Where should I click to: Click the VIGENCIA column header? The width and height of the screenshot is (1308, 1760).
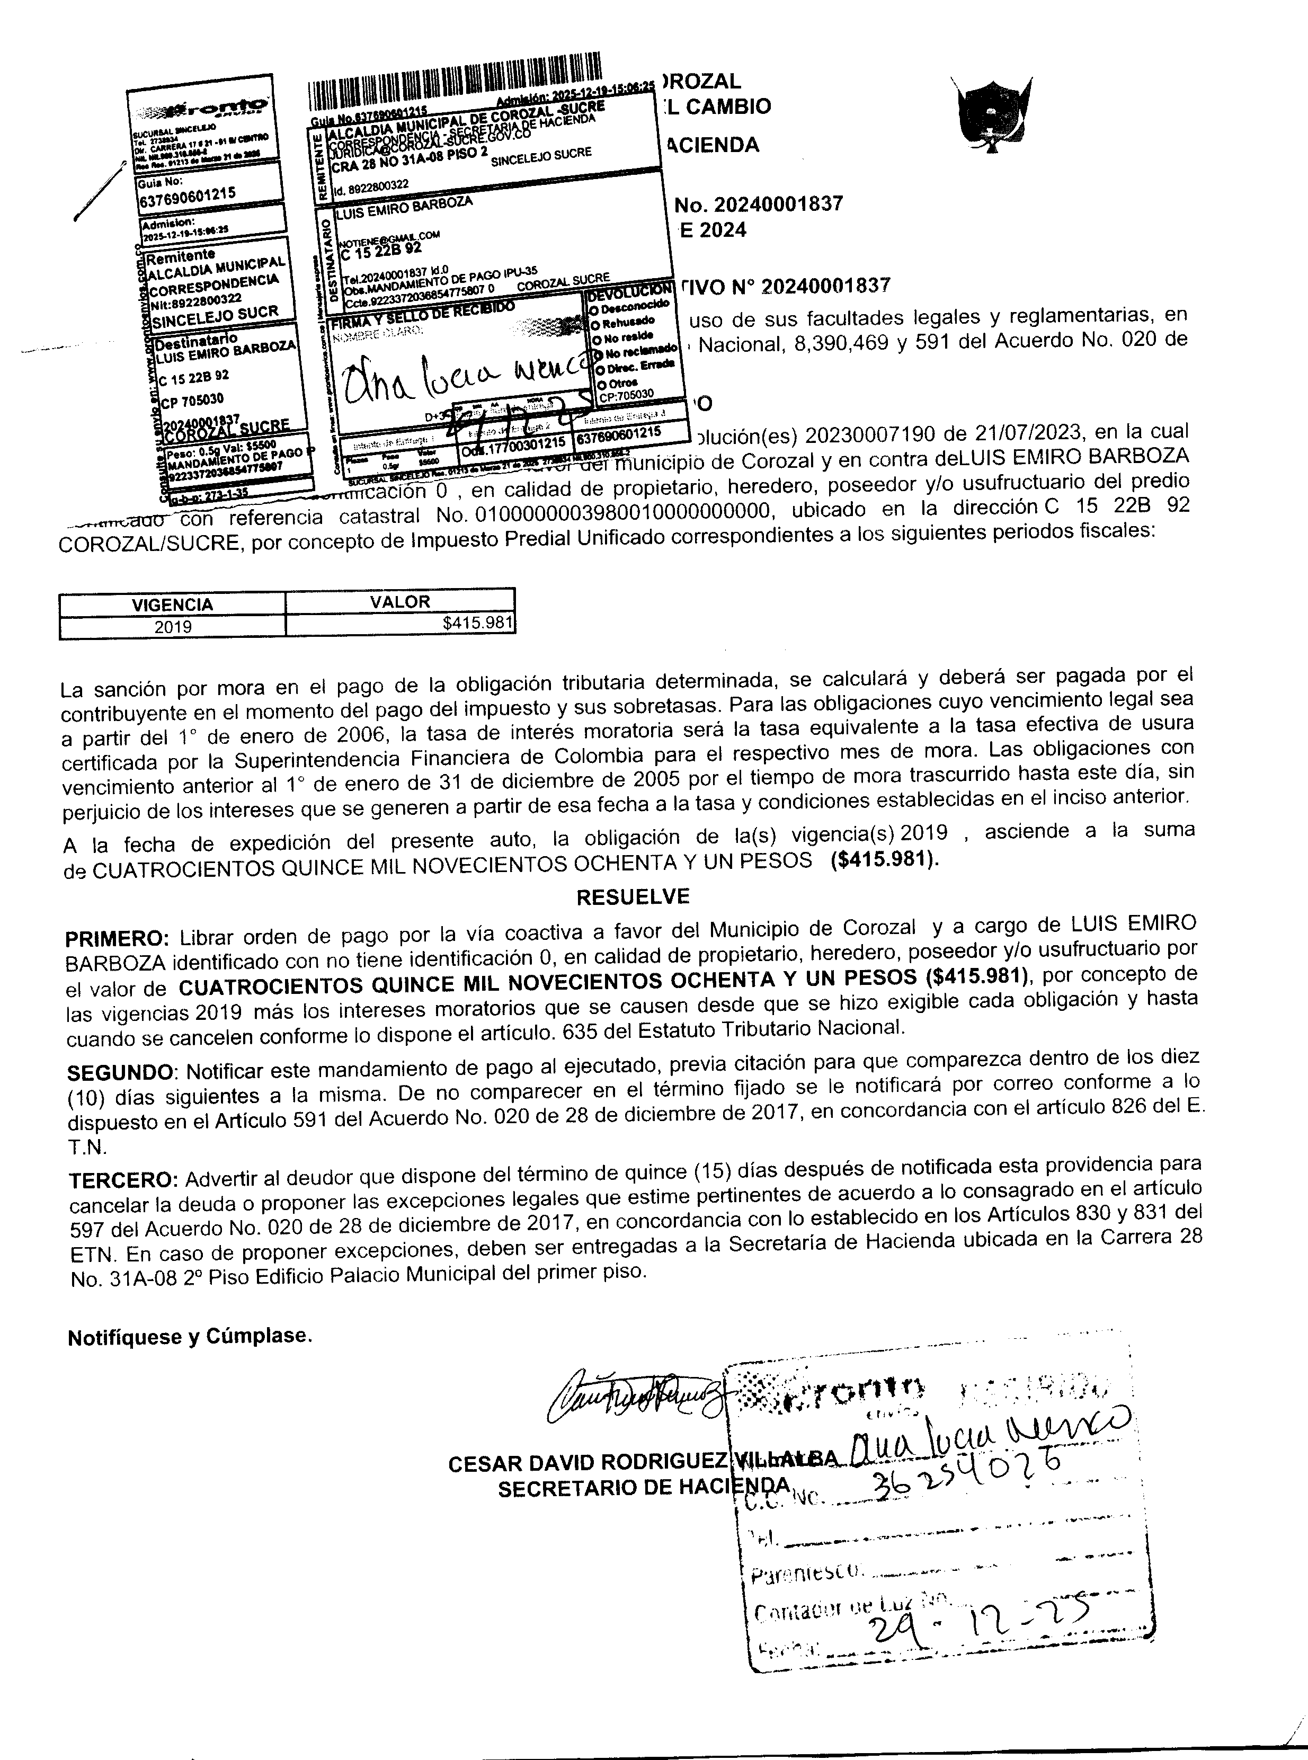(x=172, y=604)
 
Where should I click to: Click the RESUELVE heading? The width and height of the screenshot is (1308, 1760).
(x=633, y=896)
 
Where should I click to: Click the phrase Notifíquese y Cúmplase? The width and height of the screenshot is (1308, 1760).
(x=189, y=1337)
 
